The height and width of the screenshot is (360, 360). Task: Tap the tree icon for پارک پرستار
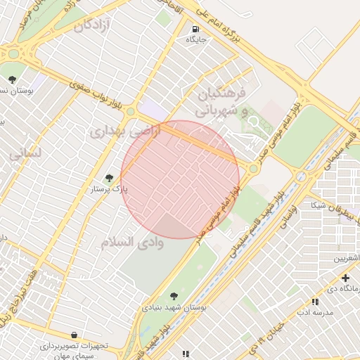108,179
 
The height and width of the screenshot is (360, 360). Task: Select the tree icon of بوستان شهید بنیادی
174,296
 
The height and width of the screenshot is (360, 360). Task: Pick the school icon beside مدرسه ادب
314,302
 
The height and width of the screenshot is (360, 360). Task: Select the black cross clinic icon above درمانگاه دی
345,278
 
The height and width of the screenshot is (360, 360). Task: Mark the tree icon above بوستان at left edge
11,79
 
